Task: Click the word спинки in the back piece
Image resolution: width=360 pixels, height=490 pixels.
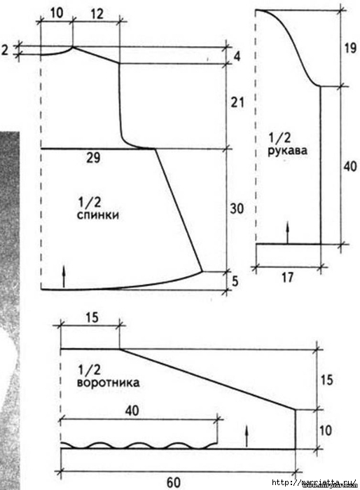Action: point(98,216)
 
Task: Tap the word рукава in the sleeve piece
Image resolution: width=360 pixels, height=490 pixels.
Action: point(288,151)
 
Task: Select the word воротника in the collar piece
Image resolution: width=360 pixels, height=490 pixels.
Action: point(108,383)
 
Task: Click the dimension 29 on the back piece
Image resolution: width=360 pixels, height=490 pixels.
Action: point(93,158)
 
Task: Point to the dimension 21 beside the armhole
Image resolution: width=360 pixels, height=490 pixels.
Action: point(237,102)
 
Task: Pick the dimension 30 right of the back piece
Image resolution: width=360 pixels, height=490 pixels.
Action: point(237,208)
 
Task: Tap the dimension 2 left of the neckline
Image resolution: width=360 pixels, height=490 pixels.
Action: point(5,50)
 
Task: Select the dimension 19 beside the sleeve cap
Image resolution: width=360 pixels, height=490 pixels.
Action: point(349,48)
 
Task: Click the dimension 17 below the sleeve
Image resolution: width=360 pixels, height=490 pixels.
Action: point(287,277)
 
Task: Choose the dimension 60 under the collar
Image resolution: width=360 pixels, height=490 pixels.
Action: point(174,482)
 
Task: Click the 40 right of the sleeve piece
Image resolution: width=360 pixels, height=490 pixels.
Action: point(350,167)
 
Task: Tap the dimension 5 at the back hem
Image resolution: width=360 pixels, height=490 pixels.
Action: point(235,281)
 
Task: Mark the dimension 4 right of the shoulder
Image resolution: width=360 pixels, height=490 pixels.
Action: point(237,57)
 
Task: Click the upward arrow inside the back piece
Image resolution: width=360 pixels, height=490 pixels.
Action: point(64,277)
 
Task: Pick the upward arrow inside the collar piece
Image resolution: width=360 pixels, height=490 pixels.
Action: point(247,436)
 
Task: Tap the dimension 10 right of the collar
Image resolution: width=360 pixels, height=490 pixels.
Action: point(326,430)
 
